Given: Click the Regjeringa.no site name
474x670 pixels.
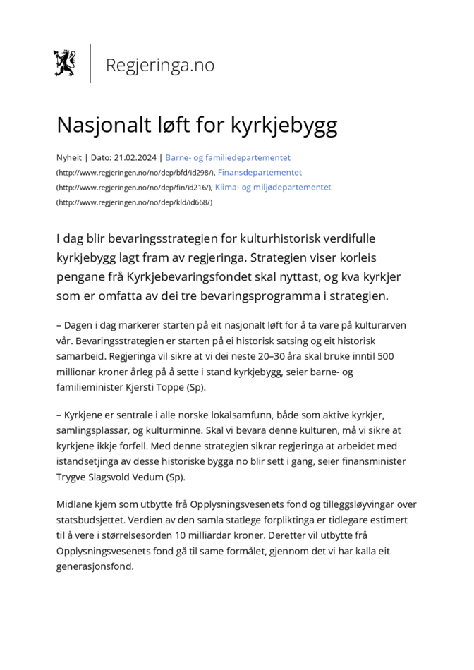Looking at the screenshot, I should point(159,65).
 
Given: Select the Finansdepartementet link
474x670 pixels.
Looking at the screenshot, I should point(260,173).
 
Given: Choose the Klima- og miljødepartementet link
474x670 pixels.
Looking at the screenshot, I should point(273,188).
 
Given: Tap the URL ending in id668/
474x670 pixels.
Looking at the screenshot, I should point(134,202).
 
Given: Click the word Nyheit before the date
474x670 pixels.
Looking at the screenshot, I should point(68,158).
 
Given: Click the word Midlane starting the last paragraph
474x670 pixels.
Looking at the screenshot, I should point(75,504).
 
